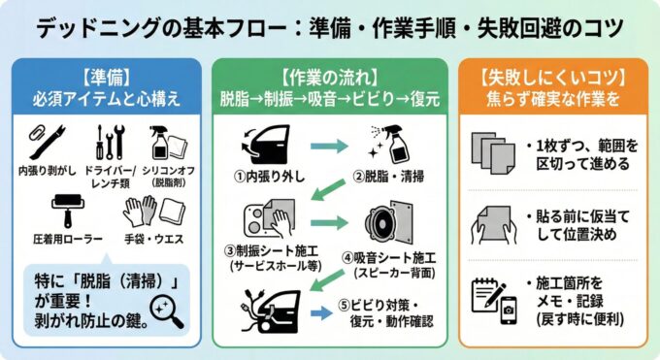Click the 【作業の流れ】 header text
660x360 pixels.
coord(330,74)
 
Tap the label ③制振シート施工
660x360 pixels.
coord(273,253)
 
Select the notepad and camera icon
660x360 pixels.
coord(491,298)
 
